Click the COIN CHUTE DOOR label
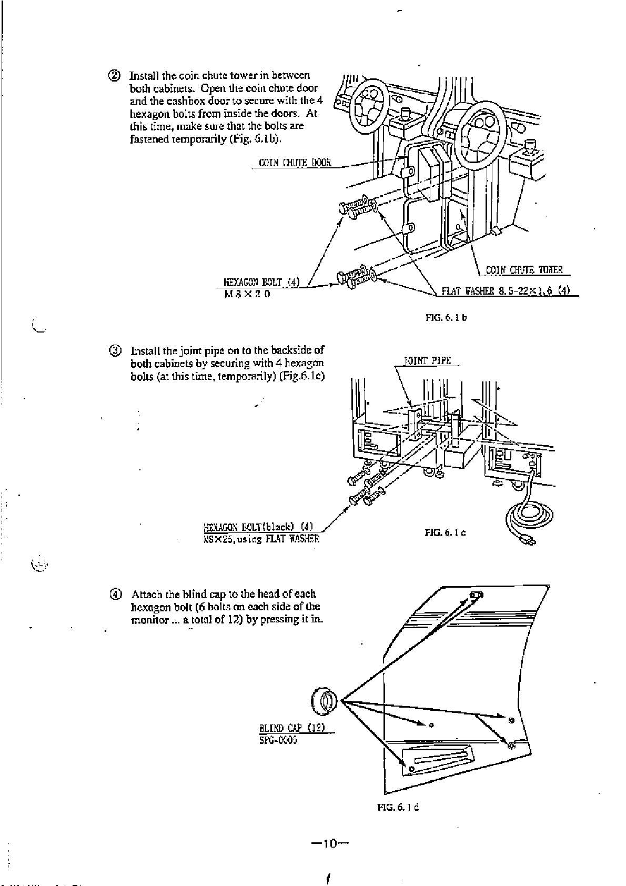(x=295, y=163)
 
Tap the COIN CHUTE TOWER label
(x=524, y=270)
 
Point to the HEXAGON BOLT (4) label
(x=261, y=282)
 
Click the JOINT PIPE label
(x=427, y=361)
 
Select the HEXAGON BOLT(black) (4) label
(x=258, y=527)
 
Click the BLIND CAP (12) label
(x=292, y=728)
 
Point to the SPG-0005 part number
(x=278, y=740)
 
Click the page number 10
(x=330, y=844)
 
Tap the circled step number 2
(x=115, y=75)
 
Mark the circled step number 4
(x=115, y=595)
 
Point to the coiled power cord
(x=529, y=520)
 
